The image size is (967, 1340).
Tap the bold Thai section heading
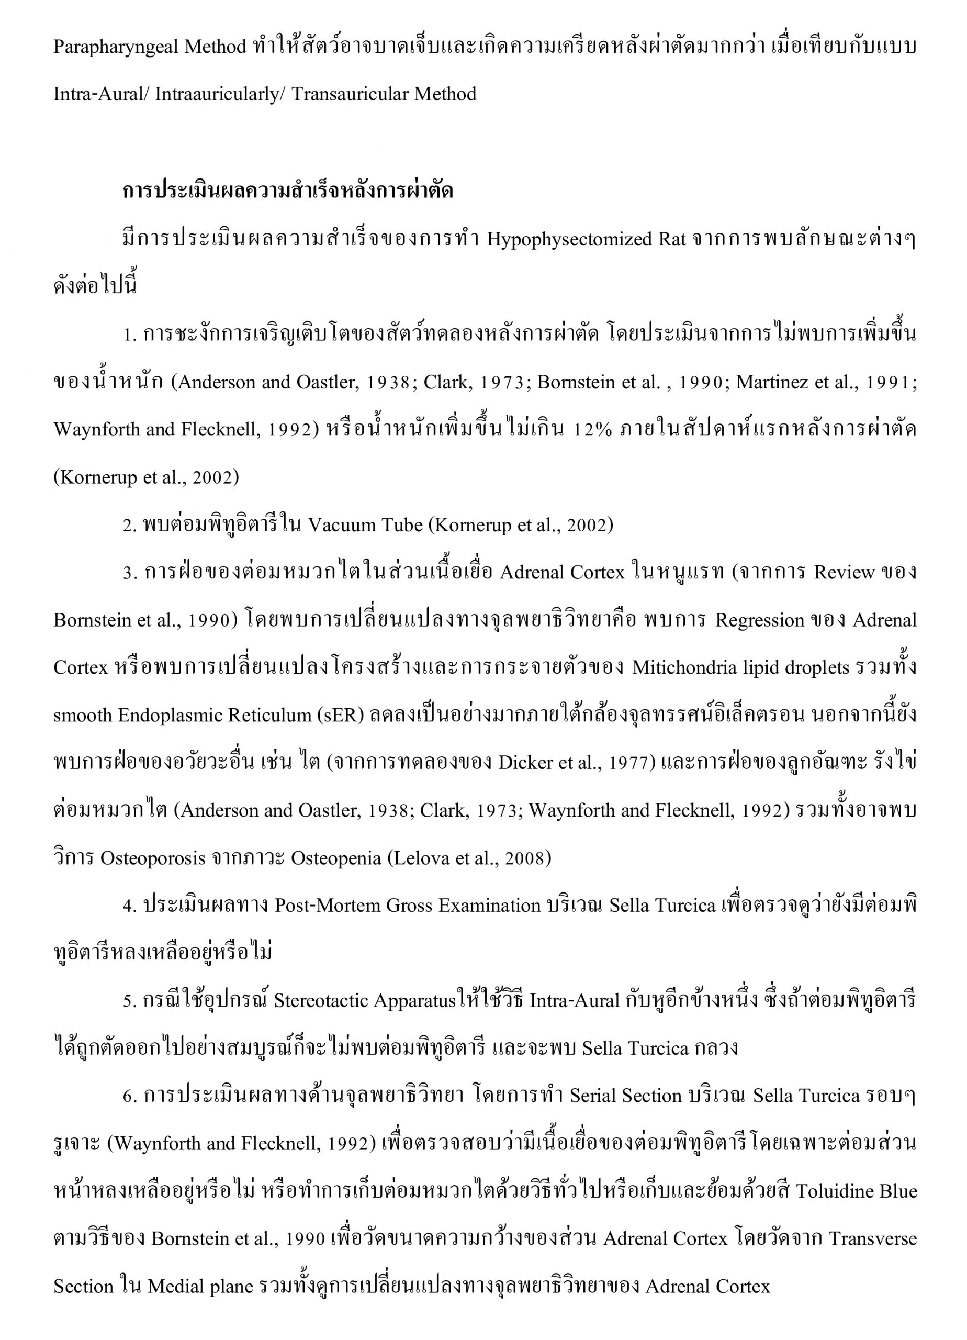[288, 191]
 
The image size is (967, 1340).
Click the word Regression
[760, 620]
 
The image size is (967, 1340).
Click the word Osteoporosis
[153, 858]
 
